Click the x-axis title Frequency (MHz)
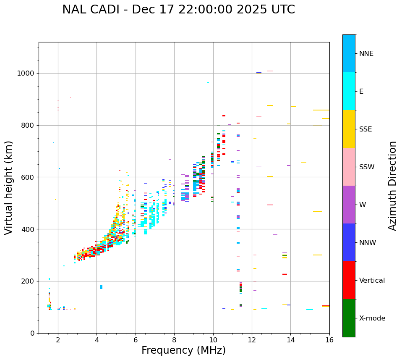click(x=183, y=350)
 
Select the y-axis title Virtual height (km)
click(x=9, y=188)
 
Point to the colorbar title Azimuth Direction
click(x=392, y=186)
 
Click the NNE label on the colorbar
click(x=366, y=54)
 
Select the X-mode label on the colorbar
click(x=372, y=318)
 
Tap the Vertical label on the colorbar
click(x=372, y=281)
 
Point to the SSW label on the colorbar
click(x=367, y=167)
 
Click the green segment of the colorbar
click(x=349, y=318)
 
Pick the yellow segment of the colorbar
click(x=349, y=129)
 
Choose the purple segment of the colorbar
click(x=349, y=205)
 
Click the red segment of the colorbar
click(x=349, y=280)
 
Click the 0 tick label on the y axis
click(x=32, y=334)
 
